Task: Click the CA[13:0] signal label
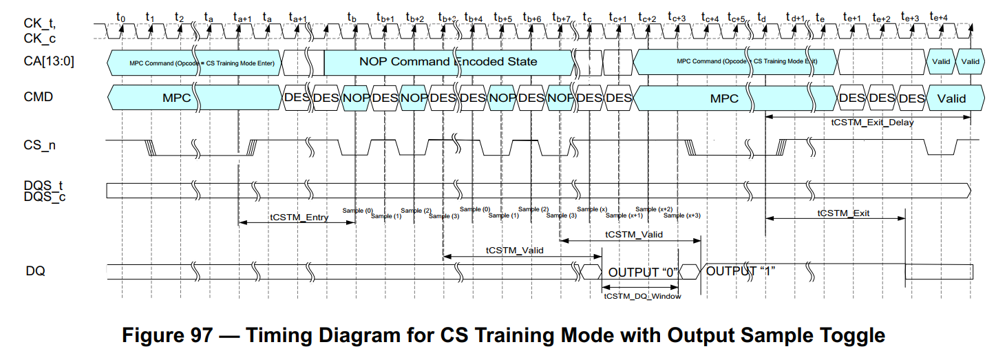50,61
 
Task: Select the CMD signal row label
39,97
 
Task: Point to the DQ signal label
35,271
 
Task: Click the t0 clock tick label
121,16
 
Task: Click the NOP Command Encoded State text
448,61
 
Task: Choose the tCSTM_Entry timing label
299,218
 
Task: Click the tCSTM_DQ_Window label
642,297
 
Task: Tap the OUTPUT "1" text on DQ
741,271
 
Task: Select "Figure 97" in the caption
165,336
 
